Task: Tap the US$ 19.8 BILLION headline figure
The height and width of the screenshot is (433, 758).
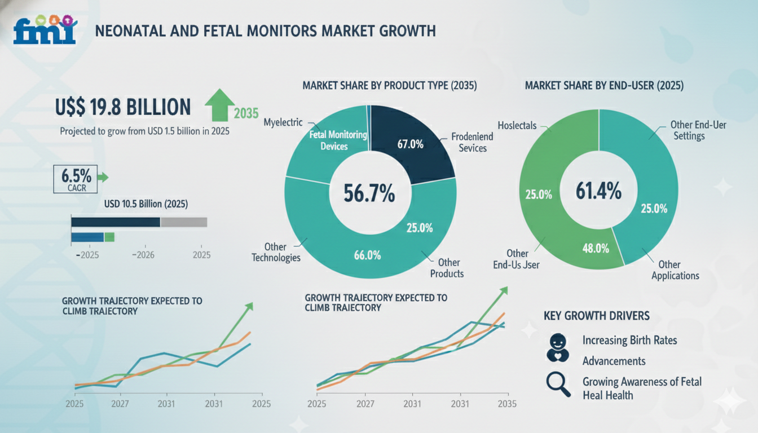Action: [123, 107]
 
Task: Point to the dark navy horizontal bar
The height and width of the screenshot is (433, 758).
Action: [116, 222]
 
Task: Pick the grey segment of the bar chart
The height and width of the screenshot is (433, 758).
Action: [184, 222]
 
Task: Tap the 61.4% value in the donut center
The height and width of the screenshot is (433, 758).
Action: [598, 191]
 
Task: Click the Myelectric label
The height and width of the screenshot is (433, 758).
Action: [283, 122]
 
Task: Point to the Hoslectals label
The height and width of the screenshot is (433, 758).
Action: [517, 125]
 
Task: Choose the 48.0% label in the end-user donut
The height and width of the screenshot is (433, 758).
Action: [595, 248]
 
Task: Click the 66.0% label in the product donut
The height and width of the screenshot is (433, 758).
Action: [367, 255]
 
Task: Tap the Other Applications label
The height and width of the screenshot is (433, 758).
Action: [675, 269]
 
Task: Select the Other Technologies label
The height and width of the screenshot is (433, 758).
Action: [276, 252]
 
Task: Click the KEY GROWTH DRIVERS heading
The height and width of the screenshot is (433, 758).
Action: [597, 315]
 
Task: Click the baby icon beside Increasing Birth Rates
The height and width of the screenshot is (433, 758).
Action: [558, 347]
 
